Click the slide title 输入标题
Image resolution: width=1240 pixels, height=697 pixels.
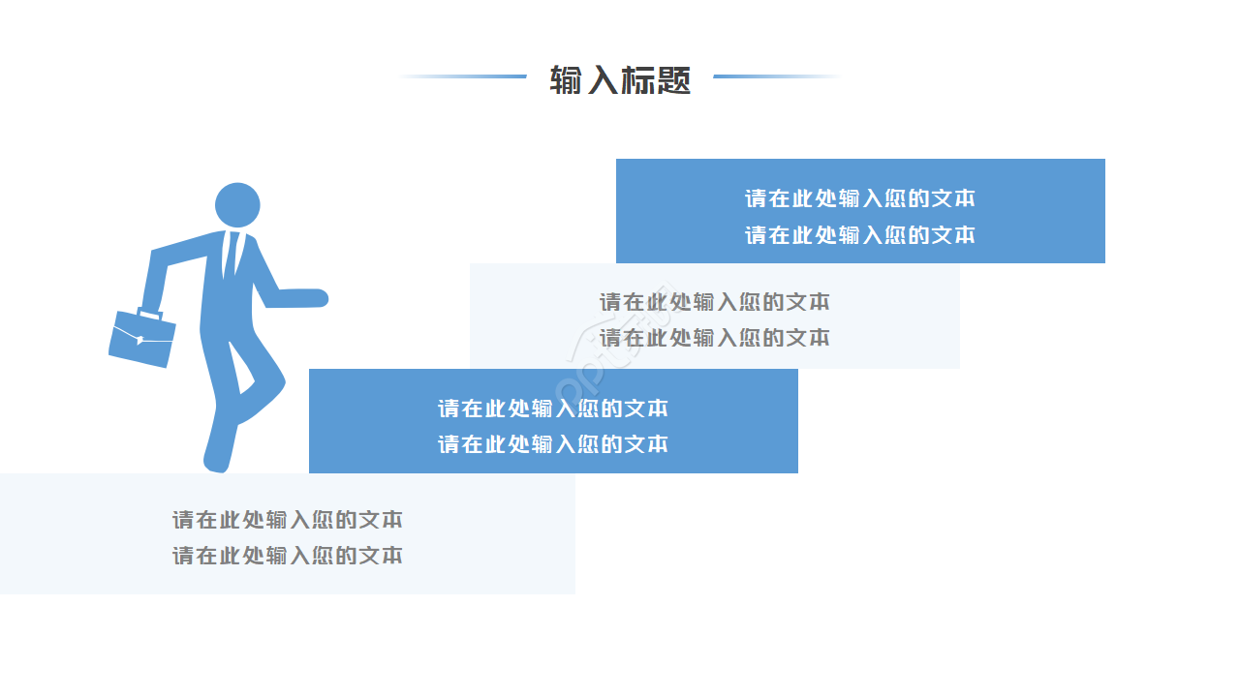tap(620, 80)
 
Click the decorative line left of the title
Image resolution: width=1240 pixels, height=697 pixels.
tap(463, 76)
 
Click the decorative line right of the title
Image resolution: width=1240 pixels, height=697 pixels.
tap(777, 76)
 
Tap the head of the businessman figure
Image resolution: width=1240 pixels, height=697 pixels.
tap(237, 204)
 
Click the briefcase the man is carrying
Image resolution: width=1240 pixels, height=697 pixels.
tap(141, 338)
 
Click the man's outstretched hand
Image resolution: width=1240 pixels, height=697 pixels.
tap(310, 297)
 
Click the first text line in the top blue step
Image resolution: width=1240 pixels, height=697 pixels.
tap(859, 198)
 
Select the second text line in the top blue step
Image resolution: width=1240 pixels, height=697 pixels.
tap(859, 235)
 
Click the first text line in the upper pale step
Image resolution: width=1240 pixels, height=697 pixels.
tap(715, 302)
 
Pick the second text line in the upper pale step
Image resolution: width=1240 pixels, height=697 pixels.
tap(715, 338)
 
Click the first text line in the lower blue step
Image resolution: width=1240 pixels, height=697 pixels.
tap(553, 409)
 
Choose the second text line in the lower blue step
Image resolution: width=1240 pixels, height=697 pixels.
tap(553, 444)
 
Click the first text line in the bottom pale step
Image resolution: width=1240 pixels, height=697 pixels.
tap(288, 520)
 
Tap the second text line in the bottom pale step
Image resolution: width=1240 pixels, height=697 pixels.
tap(288, 556)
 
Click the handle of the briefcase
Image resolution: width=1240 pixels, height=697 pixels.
tap(150, 314)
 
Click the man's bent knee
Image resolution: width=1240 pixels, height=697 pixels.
tap(277, 381)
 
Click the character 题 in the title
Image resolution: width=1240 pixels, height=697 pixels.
tap(674, 80)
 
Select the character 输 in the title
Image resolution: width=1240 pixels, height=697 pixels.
tap(566, 80)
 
